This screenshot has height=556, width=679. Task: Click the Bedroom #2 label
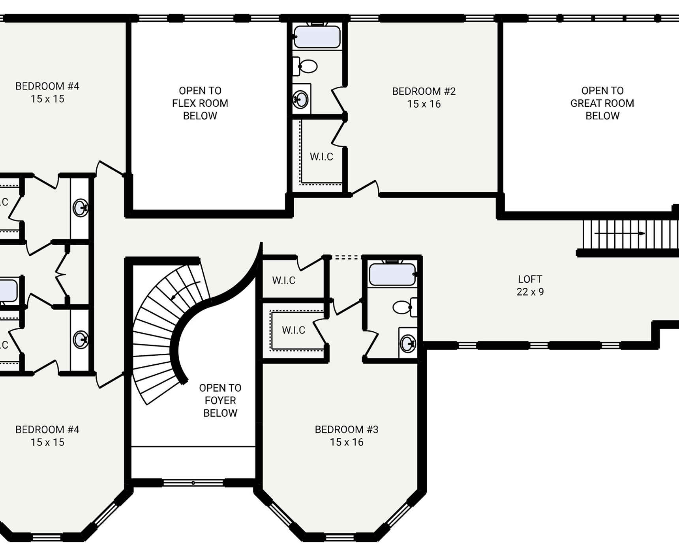(424, 97)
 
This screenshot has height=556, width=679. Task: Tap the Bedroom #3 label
(346, 435)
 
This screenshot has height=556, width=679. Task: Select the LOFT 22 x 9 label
(530, 285)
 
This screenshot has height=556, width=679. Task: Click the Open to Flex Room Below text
(200, 103)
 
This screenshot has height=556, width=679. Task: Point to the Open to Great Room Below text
(602, 103)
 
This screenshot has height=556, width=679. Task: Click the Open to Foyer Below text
(220, 400)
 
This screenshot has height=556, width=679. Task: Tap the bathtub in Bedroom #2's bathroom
(317, 37)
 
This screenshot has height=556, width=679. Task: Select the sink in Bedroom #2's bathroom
(301, 99)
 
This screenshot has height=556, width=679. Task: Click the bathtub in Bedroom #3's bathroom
(392, 274)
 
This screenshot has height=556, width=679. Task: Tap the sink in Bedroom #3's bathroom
(408, 343)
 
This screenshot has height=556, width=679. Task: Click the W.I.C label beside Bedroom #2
(321, 157)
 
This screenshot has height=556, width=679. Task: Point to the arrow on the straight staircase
(620, 233)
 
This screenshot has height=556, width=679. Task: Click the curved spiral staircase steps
(158, 335)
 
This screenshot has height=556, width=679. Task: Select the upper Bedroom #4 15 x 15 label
(47, 92)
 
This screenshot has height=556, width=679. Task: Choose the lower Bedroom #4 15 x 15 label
(47, 435)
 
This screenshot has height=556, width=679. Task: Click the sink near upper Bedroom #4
(81, 208)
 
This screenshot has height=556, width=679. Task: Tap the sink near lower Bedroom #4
(81, 340)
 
